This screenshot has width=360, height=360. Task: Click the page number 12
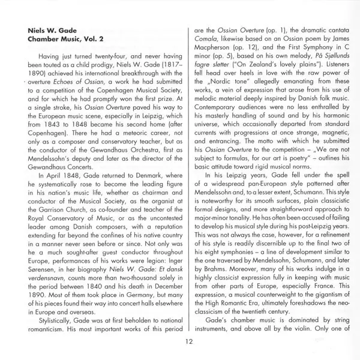(180, 343)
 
